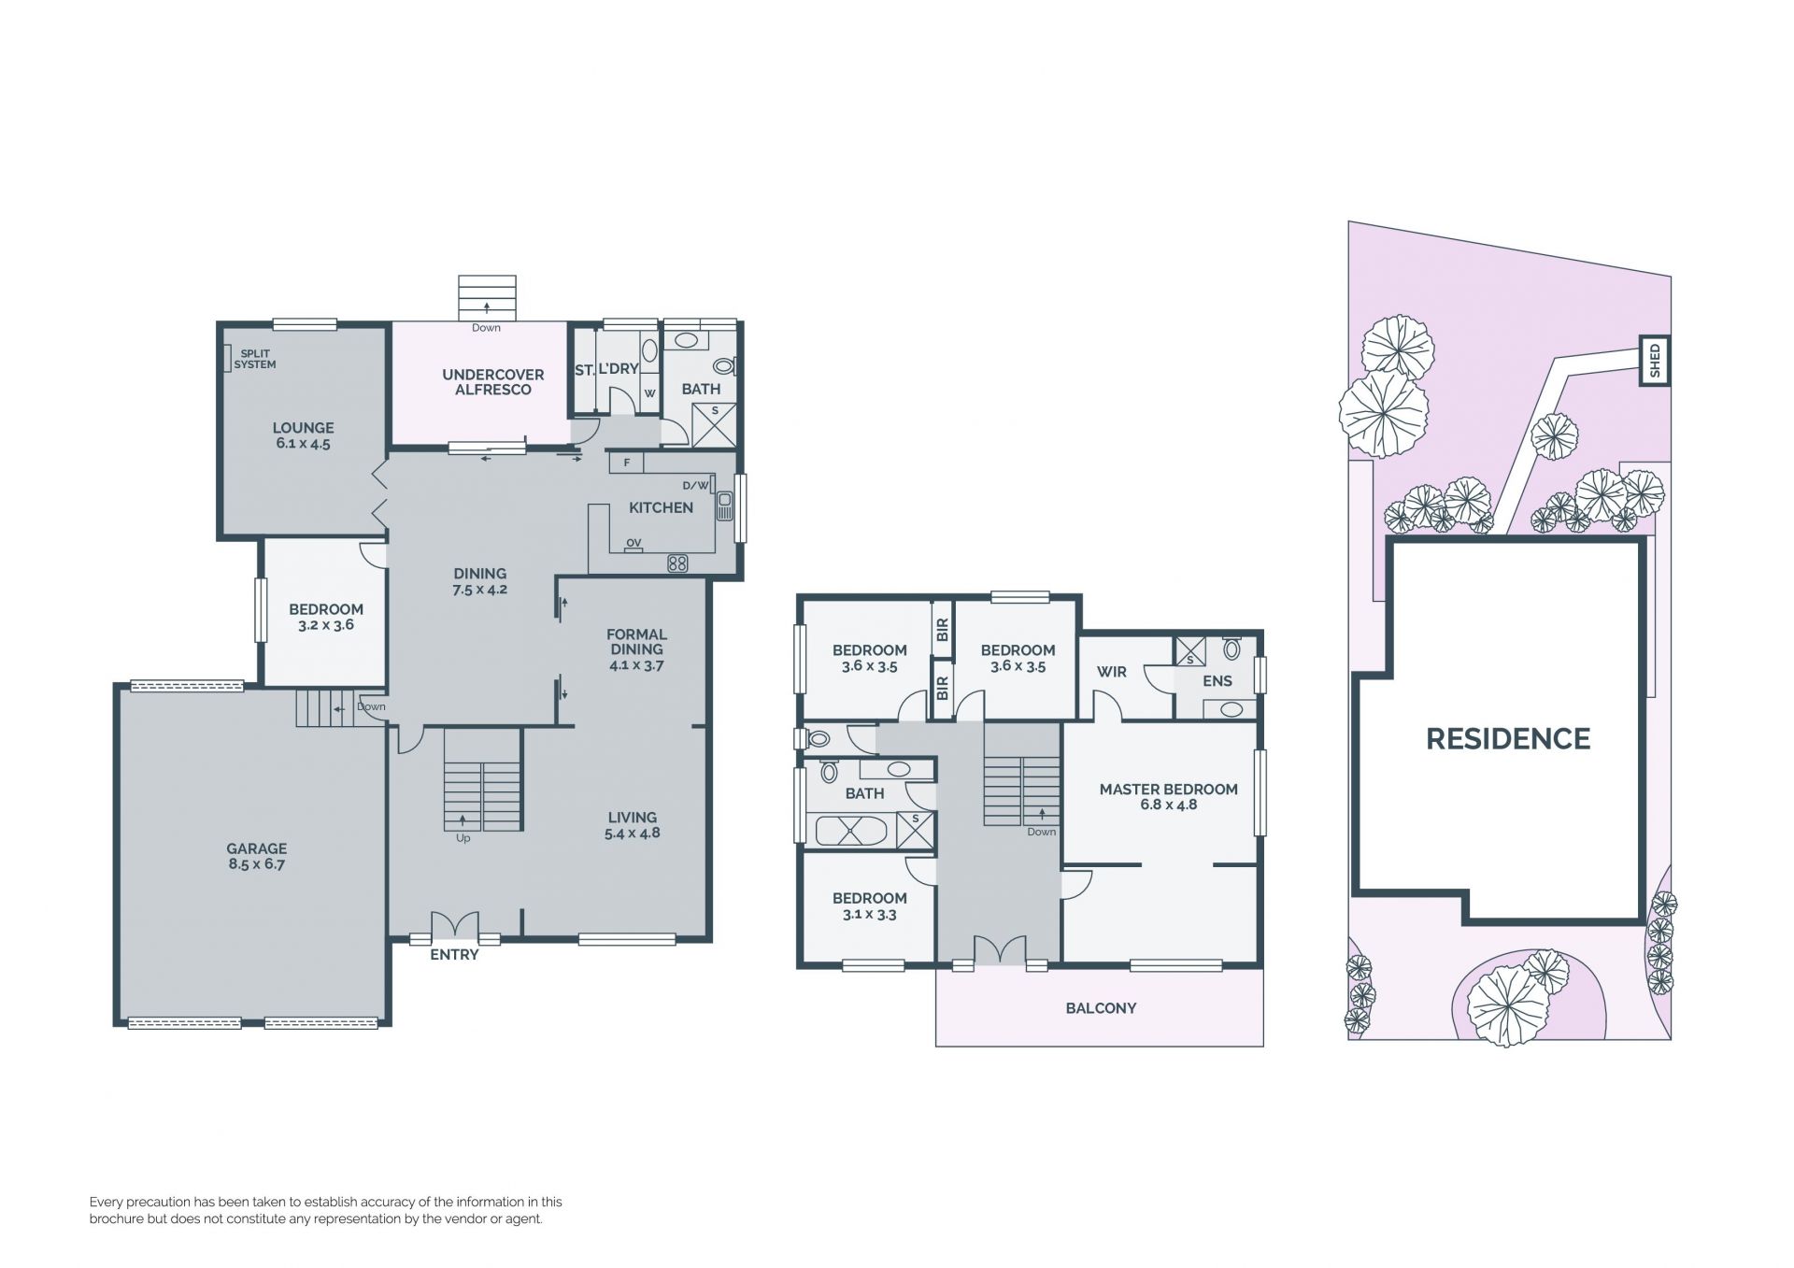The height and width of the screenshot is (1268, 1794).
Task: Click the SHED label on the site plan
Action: pyautogui.click(x=1655, y=361)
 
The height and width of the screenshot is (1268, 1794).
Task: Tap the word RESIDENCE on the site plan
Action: pyautogui.click(x=1507, y=739)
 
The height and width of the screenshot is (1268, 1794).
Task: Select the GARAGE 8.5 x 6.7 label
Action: pyautogui.click(x=256, y=856)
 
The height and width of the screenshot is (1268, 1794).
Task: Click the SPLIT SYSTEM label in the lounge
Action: pyautogui.click(x=255, y=359)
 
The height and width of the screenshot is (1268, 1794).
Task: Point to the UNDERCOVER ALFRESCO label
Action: pyautogui.click(x=493, y=382)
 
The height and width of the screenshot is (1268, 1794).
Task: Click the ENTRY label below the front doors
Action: pyautogui.click(x=454, y=955)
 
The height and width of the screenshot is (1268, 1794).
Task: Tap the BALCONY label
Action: pyautogui.click(x=1101, y=1008)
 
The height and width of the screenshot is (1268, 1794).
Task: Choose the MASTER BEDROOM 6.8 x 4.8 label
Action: pyautogui.click(x=1168, y=797)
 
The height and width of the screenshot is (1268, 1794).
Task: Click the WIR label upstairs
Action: pyautogui.click(x=1112, y=672)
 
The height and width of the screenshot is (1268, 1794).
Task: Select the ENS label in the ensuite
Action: pyautogui.click(x=1217, y=681)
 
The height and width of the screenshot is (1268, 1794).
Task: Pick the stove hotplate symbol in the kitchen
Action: pyautogui.click(x=677, y=563)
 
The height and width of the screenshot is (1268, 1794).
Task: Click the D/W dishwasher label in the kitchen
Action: pyautogui.click(x=696, y=486)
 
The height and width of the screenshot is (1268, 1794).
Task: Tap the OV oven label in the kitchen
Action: pyautogui.click(x=634, y=543)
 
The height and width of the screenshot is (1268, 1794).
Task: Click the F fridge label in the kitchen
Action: pyautogui.click(x=627, y=463)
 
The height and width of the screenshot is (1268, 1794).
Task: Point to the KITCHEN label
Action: pyautogui.click(x=661, y=507)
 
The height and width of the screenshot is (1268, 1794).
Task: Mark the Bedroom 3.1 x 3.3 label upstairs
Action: pyautogui.click(x=869, y=906)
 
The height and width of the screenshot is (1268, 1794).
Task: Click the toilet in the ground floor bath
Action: pyautogui.click(x=725, y=366)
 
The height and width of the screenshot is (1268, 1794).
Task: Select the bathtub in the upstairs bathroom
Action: pyautogui.click(x=854, y=830)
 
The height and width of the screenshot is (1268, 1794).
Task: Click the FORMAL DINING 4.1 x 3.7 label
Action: pyautogui.click(x=636, y=649)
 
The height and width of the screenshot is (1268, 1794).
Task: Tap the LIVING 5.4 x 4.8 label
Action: pyautogui.click(x=633, y=825)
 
